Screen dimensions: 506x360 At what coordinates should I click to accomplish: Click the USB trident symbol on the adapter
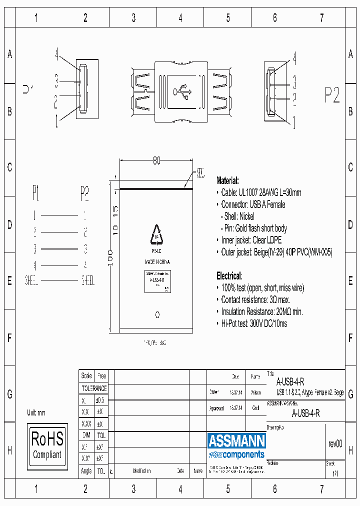181,91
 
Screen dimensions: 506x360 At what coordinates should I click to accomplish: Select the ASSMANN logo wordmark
236,440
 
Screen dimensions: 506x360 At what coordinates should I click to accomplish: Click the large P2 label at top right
332,94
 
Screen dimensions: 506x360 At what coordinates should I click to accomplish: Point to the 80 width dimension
156,161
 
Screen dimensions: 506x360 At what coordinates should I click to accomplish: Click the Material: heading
227,180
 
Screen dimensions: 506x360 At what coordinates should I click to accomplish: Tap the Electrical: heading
229,275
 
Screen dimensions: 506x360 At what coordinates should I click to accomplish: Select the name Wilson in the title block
255,393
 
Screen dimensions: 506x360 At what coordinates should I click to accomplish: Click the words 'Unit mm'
36,412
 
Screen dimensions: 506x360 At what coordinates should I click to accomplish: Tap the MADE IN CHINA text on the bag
157,261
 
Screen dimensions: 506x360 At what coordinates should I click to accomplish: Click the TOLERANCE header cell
94,388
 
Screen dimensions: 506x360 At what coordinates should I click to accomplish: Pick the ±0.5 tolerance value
101,400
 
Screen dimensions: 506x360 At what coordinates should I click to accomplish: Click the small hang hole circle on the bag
157,314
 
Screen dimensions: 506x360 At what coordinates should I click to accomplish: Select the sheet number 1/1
335,472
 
